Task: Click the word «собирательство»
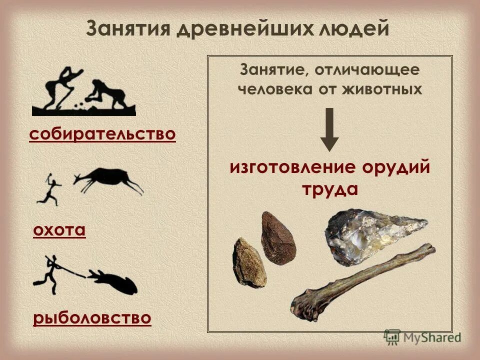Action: point(102,134)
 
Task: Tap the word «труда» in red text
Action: point(329,190)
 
